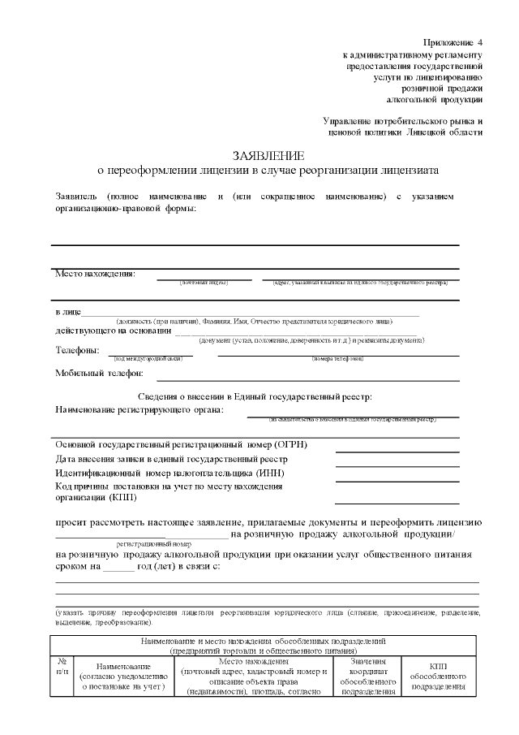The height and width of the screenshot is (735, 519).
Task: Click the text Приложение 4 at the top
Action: [453, 41]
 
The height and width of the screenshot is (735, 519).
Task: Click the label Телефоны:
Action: [78, 350]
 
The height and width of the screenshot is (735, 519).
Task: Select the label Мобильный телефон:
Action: [99, 373]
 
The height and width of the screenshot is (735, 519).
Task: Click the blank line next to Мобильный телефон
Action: [307, 378]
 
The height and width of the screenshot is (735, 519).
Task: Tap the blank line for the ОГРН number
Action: [397, 451]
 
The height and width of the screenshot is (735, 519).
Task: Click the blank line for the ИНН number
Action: [397, 478]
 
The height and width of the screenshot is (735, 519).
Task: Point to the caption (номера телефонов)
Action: [337, 357]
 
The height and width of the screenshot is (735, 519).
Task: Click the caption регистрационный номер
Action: [153, 544]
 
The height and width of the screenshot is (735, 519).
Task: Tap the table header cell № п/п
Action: [62, 666]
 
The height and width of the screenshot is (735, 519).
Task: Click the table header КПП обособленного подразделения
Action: [437, 676]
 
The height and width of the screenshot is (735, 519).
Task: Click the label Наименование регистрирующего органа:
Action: [139, 409]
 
